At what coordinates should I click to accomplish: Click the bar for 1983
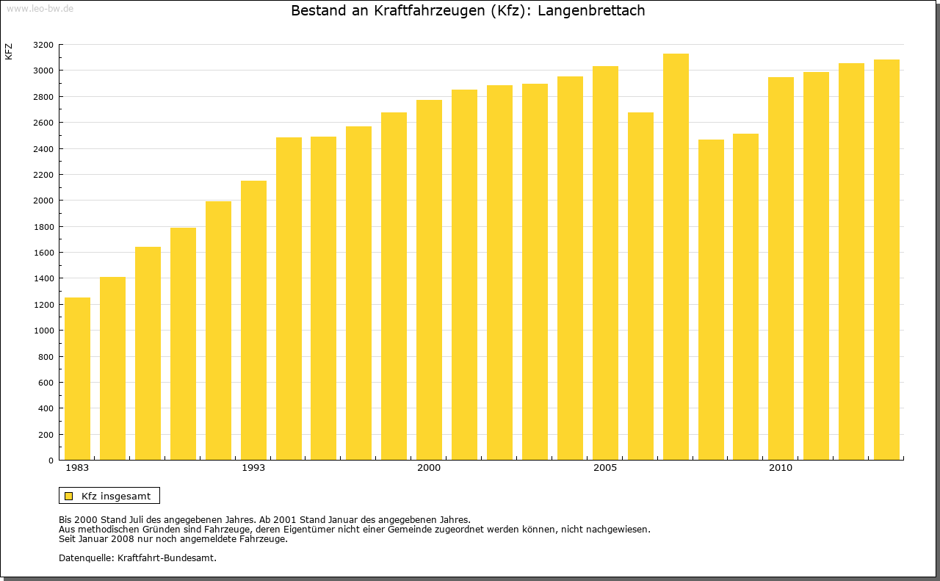click(77, 378)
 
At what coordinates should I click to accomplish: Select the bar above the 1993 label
click(253, 320)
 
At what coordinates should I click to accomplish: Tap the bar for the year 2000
click(429, 280)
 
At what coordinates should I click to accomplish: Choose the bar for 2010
click(781, 268)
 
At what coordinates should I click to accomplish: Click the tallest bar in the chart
click(676, 256)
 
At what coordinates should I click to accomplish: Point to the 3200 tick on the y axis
click(43, 45)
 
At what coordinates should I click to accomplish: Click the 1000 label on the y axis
click(43, 331)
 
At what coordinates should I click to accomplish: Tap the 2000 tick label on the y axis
click(43, 201)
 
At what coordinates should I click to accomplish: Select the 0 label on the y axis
click(50, 461)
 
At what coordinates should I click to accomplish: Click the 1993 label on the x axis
click(253, 468)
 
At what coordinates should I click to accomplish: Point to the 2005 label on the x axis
click(605, 468)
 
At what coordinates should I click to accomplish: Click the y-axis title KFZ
click(9, 51)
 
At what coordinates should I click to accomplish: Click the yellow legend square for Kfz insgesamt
click(68, 496)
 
